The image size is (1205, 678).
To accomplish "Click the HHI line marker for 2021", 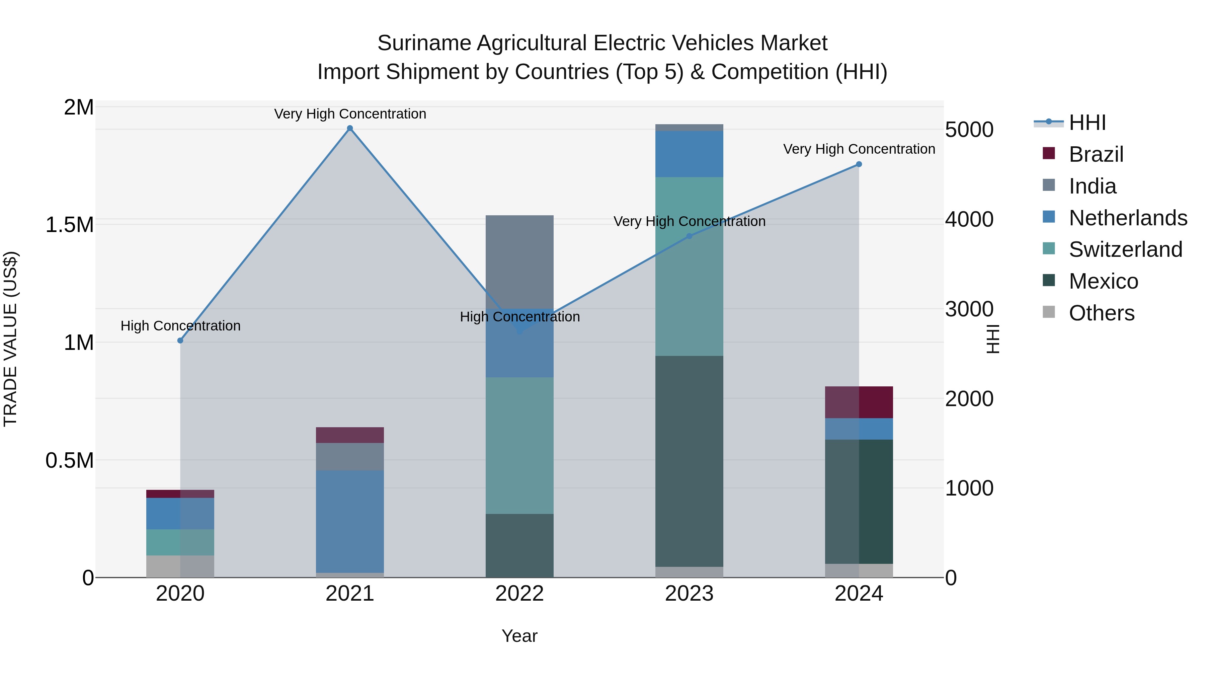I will (x=350, y=128).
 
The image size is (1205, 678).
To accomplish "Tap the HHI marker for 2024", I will (x=859, y=164).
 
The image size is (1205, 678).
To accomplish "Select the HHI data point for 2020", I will (x=180, y=341).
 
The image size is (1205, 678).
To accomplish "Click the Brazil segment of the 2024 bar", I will (x=859, y=402).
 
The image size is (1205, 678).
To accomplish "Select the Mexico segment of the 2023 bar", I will (x=689, y=461).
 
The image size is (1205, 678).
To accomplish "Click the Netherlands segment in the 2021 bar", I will (x=350, y=522).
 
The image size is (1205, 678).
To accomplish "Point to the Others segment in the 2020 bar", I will (x=180, y=566).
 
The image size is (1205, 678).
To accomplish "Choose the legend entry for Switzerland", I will (x=1125, y=249).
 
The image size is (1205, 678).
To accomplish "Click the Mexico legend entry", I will (x=1103, y=281).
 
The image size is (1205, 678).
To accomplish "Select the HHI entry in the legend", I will (x=1087, y=123).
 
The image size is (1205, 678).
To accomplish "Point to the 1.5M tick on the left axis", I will (x=69, y=225).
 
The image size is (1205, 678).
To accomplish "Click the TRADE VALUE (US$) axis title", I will (x=10, y=339).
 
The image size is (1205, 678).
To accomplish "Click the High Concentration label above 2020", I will (x=180, y=326).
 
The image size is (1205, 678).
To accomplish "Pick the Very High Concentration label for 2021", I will (x=350, y=114).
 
